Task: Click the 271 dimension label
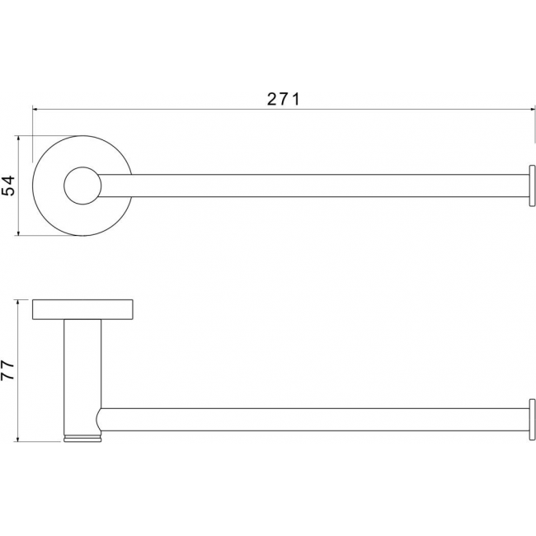point(283,99)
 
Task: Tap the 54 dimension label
point(8,186)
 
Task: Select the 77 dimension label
point(7,370)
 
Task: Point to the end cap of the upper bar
point(532,186)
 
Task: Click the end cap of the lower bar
point(532,420)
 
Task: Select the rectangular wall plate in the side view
point(82,310)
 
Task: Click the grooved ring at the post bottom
point(82,439)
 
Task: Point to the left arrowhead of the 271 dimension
point(35,110)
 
